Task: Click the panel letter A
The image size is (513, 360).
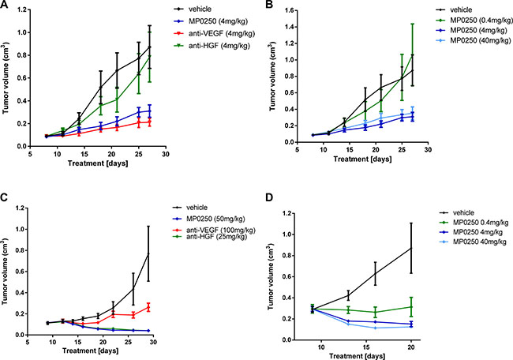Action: [x=6, y=6]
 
